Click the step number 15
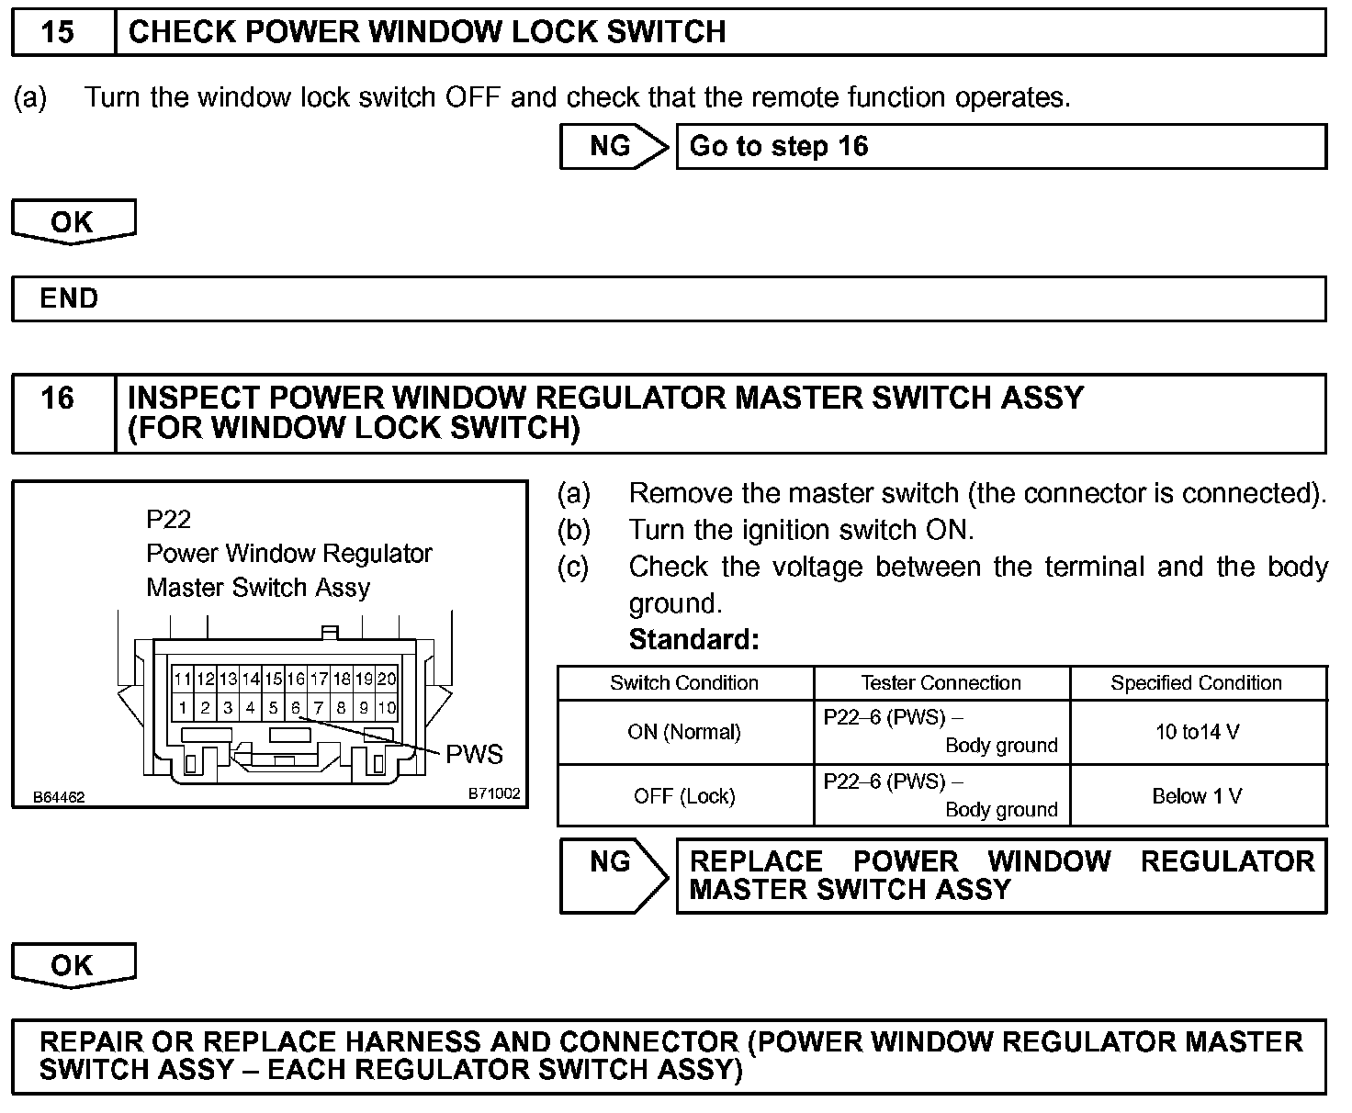pyautogui.click(x=58, y=32)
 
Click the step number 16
pyautogui.click(x=58, y=398)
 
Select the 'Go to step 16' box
pyautogui.click(x=1000, y=147)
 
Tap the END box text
pyautogui.click(x=69, y=298)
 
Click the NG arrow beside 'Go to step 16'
pyautogui.click(x=614, y=147)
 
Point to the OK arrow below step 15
pyautogui.click(x=73, y=222)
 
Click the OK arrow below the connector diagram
pyautogui.click(x=73, y=965)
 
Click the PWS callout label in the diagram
pyautogui.click(x=474, y=754)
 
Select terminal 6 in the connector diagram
pyautogui.click(x=296, y=708)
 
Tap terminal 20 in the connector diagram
pyautogui.click(x=387, y=680)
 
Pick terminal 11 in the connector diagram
pyautogui.click(x=183, y=680)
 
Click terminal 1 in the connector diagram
pyautogui.click(x=183, y=708)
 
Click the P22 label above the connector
pyautogui.click(x=168, y=520)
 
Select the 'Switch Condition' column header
pyautogui.click(x=684, y=683)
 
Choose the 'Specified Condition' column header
pyautogui.click(x=1196, y=683)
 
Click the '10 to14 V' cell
pyautogui.click(x=1197, y=732)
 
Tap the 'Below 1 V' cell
pyautogui.click(x=1197, y=796)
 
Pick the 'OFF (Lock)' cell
pyautogui.click(x=684, y=796)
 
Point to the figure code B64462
pyautogui.click(x=60, y=797)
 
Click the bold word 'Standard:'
pyautogui.click(x=693, y=639)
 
